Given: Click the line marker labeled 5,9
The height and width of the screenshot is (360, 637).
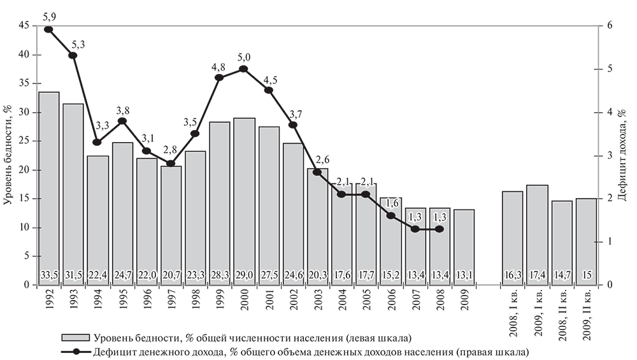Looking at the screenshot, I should [x=49, y=29].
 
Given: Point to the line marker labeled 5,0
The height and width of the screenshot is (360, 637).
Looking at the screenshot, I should [x=244, y=69].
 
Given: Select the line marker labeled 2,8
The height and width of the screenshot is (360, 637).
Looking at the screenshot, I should [x=171, y=164].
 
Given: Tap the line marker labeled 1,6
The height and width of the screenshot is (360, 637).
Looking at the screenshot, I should [x=390, y=215].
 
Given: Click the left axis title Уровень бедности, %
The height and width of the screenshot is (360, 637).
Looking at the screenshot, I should [x=8, y=153].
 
